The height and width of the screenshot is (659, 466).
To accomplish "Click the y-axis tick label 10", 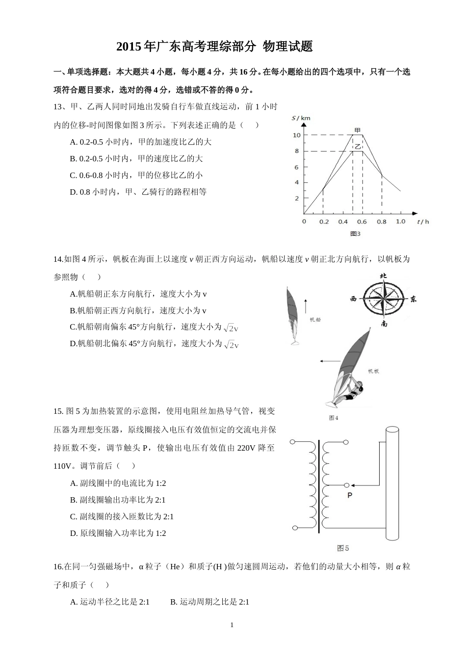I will tap(296, 135).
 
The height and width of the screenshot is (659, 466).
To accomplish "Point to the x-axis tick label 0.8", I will tap(382, 222).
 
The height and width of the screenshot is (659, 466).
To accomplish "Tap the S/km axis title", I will tap(301, 118).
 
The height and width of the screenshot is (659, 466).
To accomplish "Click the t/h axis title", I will tap(423, 222).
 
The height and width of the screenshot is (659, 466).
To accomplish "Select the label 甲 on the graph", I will tap(358, 130).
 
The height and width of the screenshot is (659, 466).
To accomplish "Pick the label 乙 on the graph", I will tap(358, 146).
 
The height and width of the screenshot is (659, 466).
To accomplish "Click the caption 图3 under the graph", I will tap(355, 234).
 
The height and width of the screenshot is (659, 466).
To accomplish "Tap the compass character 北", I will tap(384, 276).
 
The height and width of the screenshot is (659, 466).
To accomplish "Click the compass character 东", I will tap(414, 299).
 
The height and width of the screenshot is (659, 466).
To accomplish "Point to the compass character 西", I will tap(353, 299).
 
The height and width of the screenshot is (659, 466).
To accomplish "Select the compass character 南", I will tap(384, 324).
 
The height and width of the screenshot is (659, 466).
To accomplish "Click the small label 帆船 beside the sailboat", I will tap(315, 320).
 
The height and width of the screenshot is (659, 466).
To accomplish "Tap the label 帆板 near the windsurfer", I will tap(373, 371).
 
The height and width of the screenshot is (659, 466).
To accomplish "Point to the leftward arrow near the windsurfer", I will tap(327, 361).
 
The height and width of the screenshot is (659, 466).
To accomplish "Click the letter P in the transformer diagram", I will tap(350, 496).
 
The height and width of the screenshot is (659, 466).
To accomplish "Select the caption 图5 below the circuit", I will tap(343, 548).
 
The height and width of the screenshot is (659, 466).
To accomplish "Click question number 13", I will tap(58, 107).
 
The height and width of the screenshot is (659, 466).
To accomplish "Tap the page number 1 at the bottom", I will tap(232, 625).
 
